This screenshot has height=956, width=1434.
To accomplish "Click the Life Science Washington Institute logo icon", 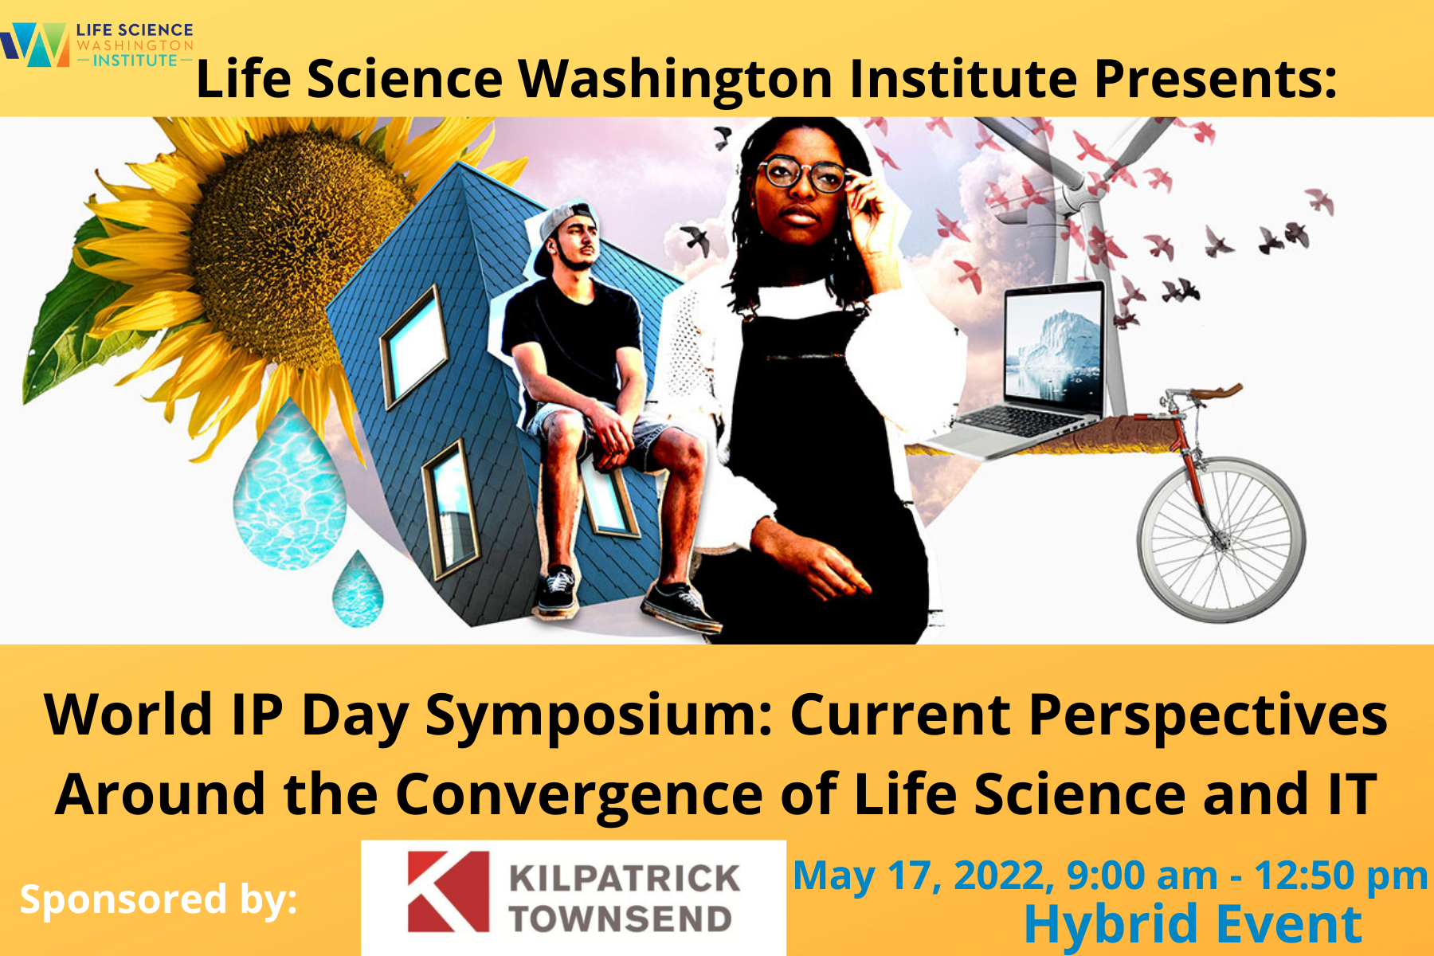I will click(36, 45).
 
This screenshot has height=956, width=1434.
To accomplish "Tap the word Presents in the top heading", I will click(1214, 80).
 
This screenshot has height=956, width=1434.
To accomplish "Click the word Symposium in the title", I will click(598, 715).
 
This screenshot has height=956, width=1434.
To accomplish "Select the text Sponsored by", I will click(158, 899).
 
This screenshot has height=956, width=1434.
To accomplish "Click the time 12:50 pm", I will click(1341, 876).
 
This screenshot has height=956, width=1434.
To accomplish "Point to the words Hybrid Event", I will click(1193, 924).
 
